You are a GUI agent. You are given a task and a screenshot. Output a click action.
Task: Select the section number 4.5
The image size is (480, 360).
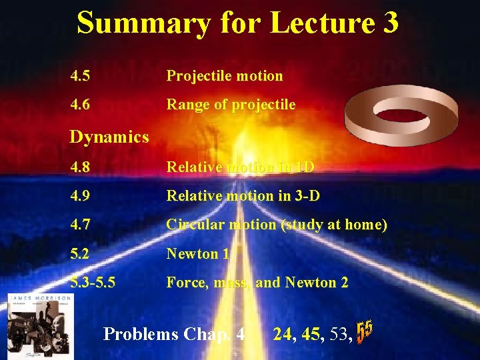click(x=83, y=76)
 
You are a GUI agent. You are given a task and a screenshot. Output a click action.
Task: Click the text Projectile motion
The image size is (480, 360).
click(x=225, y=76)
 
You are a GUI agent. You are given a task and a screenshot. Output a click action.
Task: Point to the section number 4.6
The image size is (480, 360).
click(x=83, y=105)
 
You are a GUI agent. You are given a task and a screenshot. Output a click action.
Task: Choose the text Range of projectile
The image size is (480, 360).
click(x=231, y=105)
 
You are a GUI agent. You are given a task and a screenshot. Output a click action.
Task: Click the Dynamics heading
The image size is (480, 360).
click(x=109, y=137)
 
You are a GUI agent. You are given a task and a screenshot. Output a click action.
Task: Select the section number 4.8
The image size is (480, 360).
click(x=83, y=166)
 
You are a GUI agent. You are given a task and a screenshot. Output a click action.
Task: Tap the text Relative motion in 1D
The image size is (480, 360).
click(x=240, y=166)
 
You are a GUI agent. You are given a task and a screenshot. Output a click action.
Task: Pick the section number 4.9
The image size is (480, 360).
click(x=83, y=195)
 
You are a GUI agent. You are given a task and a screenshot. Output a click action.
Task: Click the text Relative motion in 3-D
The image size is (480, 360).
click(x=243, y=195)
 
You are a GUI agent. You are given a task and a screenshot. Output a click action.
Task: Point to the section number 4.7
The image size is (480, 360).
click(x=83, y=225)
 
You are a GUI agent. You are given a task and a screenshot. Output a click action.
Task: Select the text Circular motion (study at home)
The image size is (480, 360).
click(x=277, y=225)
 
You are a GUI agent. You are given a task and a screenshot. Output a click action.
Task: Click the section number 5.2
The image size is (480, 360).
click(x=83, y=253)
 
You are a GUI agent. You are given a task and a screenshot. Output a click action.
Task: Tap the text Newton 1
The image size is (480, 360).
click(x=198, y=253)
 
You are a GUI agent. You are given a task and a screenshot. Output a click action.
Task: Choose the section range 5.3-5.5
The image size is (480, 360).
click(x=93, y=283)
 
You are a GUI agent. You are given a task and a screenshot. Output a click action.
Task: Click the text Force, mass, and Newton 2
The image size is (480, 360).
click(x=257, y=283)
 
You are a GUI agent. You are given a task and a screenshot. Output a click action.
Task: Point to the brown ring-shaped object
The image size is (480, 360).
click(x=400, y=113)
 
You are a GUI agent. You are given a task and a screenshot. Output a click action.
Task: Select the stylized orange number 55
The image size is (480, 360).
click(x=364, y=331)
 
